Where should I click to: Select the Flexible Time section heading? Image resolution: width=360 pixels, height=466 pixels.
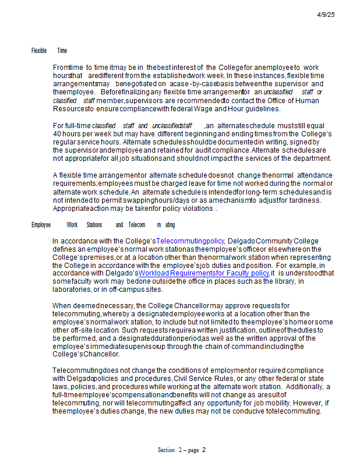[x=49, y=51]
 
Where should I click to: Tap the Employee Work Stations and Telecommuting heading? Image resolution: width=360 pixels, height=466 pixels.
[x=103, y=225]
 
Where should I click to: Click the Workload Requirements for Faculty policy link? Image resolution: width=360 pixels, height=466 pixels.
[x=204, y=273]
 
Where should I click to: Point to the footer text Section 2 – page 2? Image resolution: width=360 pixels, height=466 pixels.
[x=182, y=450]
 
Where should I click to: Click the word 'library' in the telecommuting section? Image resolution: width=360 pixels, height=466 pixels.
[x=281, y=281]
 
